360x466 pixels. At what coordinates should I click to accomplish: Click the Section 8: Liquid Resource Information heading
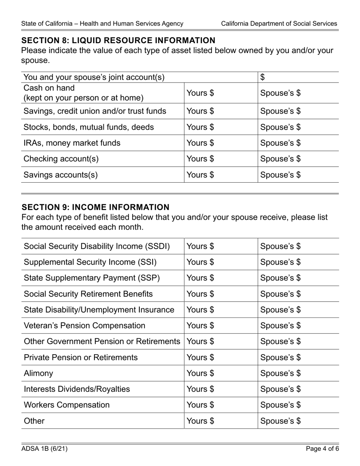point(118,41)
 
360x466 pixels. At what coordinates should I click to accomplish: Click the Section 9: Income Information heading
point(95,207)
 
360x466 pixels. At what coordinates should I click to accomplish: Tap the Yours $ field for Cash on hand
point(221,93)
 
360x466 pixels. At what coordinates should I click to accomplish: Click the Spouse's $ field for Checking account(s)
point(298,159)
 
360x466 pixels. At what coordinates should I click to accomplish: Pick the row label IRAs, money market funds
point(72,143)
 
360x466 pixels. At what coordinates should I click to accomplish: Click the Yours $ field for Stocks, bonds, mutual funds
point(221,127)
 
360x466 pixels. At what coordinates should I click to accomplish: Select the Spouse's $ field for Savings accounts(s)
point(298,175)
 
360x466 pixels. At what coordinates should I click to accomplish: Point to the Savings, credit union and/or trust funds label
point(95,111)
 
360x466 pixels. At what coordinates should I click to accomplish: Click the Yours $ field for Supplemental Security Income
point(221,262)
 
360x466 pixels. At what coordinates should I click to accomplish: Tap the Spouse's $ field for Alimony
point(298,374)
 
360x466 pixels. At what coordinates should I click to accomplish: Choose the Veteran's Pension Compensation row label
point(85,326)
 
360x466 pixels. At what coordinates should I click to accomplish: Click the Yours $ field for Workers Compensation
point(221,405)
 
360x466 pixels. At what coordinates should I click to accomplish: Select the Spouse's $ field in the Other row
point(298,421)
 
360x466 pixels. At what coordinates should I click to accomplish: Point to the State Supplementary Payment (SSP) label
point(92,278)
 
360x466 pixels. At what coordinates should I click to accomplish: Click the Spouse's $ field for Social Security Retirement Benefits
point(298,294)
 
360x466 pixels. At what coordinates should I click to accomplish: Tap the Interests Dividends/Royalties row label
point(77,389)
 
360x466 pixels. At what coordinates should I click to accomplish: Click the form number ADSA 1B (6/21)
point(44,449)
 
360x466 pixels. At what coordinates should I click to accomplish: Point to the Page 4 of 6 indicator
point(322,449)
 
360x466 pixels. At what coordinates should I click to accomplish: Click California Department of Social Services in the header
point(279,23)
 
